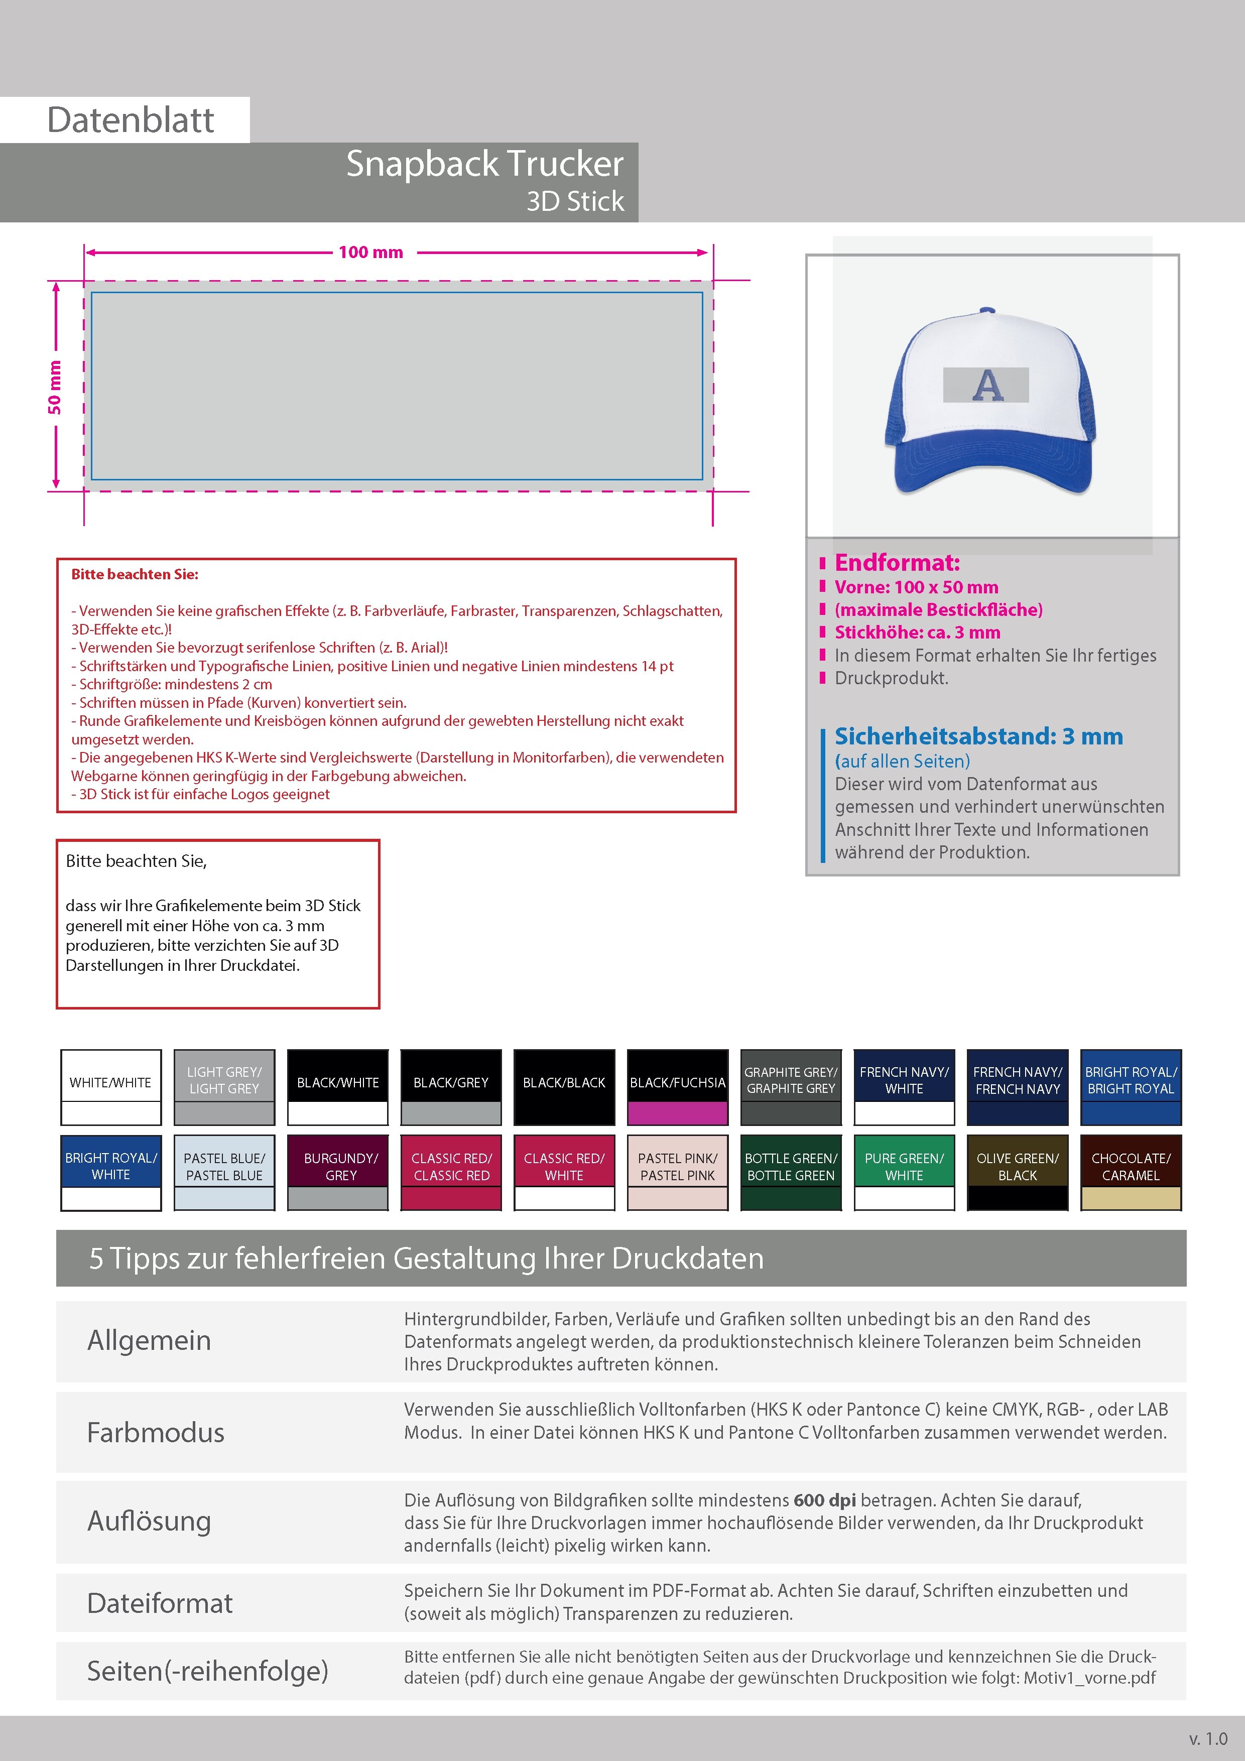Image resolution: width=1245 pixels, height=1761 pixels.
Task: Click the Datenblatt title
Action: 131,119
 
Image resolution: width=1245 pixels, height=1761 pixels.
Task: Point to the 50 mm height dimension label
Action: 54,388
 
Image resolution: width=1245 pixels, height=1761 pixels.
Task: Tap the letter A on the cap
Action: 987,385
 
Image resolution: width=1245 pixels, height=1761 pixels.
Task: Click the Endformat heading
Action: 897,563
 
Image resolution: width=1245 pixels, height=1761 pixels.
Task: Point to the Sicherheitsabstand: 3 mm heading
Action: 978,736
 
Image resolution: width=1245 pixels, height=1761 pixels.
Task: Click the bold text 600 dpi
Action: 825,1500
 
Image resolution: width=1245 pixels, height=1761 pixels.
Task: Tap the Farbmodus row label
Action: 156,1433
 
